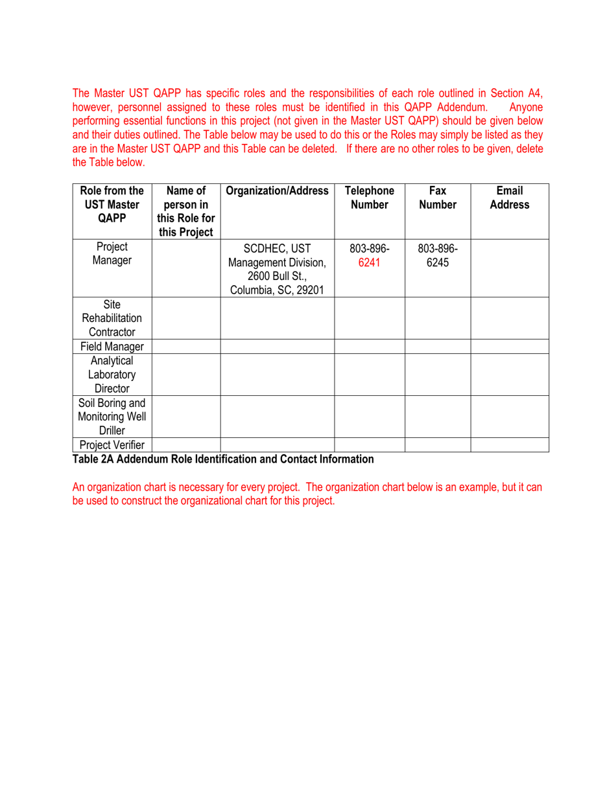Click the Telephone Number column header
pos(369,198)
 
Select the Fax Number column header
pos(437,198)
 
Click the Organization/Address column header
pos(277,191)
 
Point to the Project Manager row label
pos(112,253)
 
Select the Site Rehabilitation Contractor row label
pos(112,318)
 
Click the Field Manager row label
pos(112,347)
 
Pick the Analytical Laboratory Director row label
pos(112,375)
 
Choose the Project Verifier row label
pos(112,445)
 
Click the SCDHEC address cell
pos(277,268)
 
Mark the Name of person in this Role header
pos(185,211)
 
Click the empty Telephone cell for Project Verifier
pos(369,445)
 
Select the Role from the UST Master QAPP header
pos(112,204)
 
